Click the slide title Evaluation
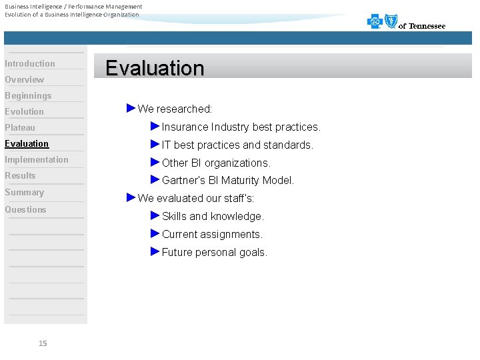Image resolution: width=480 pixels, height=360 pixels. coord(155,68)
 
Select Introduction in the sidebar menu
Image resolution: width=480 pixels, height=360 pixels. coord(30,63)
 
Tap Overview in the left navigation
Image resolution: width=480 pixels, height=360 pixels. coord(25,79)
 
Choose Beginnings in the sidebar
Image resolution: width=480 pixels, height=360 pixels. coord(28,95)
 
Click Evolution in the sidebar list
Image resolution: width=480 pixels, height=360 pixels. coord(25,111)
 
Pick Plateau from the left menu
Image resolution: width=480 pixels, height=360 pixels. coord(20,127)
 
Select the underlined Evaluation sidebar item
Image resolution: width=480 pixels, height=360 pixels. coord(27,143)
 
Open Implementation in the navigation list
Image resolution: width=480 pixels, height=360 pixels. coord(37,159)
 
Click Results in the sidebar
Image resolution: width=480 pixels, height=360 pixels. coord(20,175)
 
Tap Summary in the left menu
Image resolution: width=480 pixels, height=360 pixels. coord(25,192)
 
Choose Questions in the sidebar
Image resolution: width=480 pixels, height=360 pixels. coord(26,209)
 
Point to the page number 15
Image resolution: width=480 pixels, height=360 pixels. coord(43,343)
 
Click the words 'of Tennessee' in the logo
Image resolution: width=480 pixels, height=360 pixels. coord(422,26)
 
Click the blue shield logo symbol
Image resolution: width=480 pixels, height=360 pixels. coord(391,21)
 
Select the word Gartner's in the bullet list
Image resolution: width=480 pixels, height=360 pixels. coord(184,181)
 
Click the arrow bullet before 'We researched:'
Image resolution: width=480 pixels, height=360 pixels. coord(131,108)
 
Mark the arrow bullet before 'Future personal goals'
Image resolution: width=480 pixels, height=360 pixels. coord(155,251)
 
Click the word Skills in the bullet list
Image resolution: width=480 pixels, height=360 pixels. coord(174,216)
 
